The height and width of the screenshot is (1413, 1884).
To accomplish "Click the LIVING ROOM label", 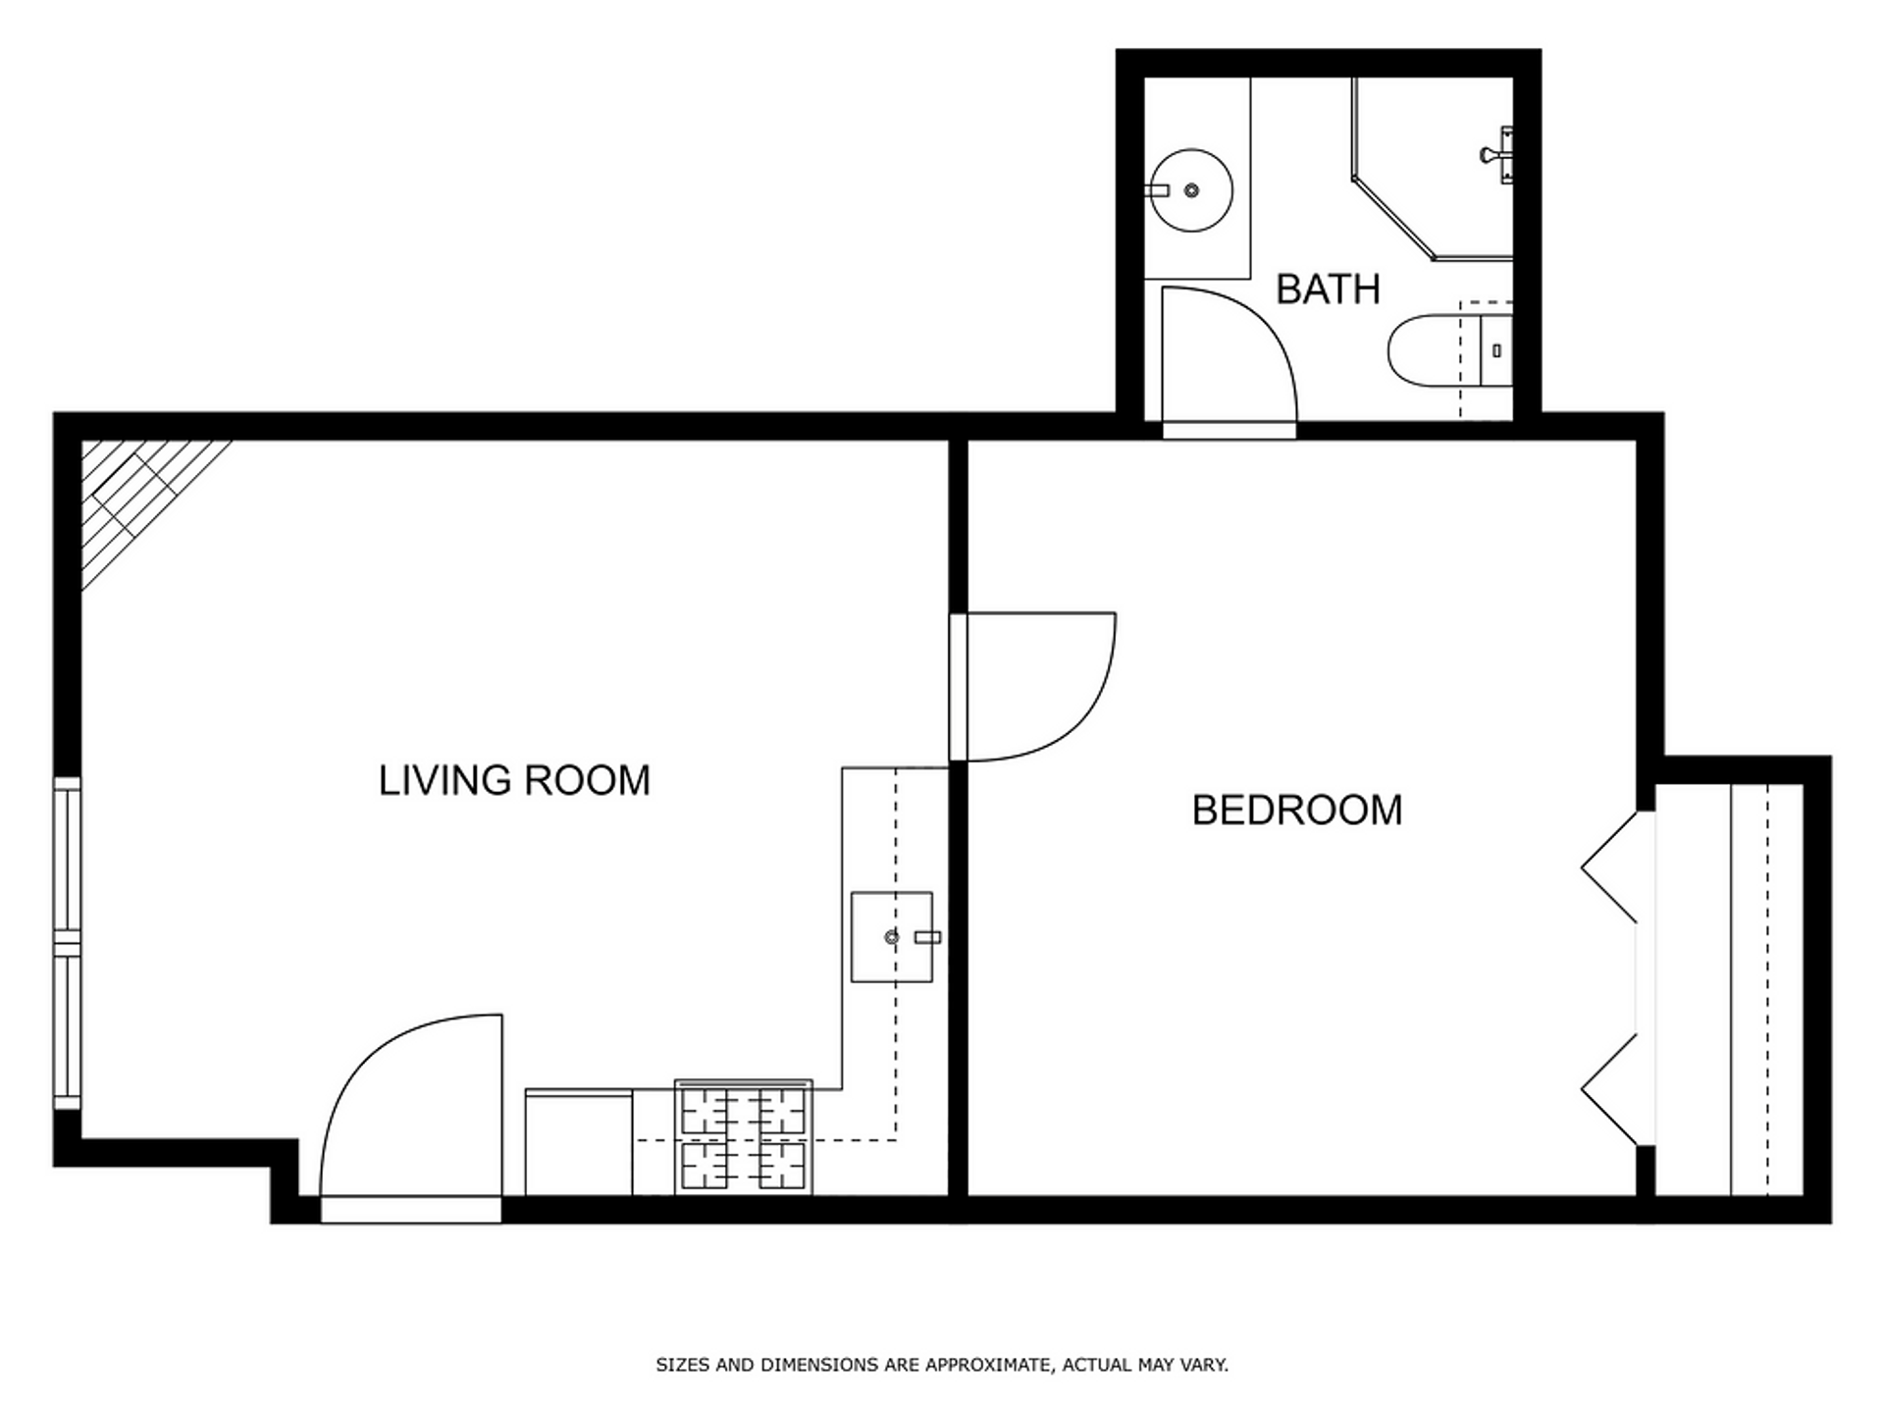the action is click(514, 781).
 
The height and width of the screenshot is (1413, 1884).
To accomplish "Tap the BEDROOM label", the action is click(1297, 811).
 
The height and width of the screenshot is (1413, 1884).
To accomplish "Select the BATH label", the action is click(1328, 289).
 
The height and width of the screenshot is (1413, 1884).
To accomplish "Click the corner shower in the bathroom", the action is click(1432, 169).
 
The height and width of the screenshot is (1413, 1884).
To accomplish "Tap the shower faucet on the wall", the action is click(1497, 155).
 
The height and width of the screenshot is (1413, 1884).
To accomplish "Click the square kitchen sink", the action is click(891, 937).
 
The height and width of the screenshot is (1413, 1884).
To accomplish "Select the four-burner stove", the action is click(744, 1138).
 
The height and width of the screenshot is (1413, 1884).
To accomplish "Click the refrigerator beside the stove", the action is click(579, 1142).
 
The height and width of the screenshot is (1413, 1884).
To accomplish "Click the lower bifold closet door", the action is click(1609, 1089).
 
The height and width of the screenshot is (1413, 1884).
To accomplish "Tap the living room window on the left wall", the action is click(67, 943).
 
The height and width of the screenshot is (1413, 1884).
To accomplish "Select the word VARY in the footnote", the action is click(1205, 1365).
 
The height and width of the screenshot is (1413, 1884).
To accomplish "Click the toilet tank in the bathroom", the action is click(1495, 350).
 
